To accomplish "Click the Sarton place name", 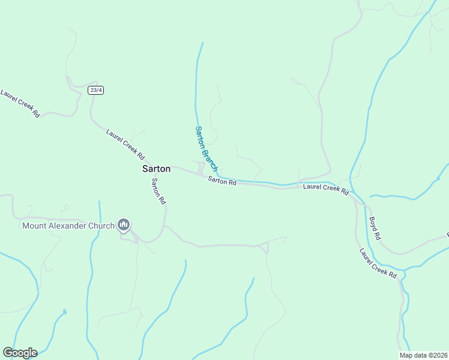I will pyautogui.click(x=156, y=169).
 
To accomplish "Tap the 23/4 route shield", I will pyautogui.click(x=95, y=90).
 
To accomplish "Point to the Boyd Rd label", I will pyautogui.click(x=376, y=228).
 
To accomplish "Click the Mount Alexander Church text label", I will pyautogui.click(x=68, y=226).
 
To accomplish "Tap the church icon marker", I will pyautogui.click(x=124, y=226).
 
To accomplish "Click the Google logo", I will pyautogui.click(x=20, y=353).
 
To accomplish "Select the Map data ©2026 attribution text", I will pyautogui.click(x=423, y=355).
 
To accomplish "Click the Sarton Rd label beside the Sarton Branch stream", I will pyautogui.click(x=222, y=180).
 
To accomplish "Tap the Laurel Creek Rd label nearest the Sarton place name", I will pyautogui.click(x=125, y=144).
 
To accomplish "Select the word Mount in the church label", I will pyautogui.click(x=35, y=226).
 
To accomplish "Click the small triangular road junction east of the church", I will pyautogui.click(x=264, y=247).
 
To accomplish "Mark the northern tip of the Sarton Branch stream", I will pyautogui.click(x=203, y=43).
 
